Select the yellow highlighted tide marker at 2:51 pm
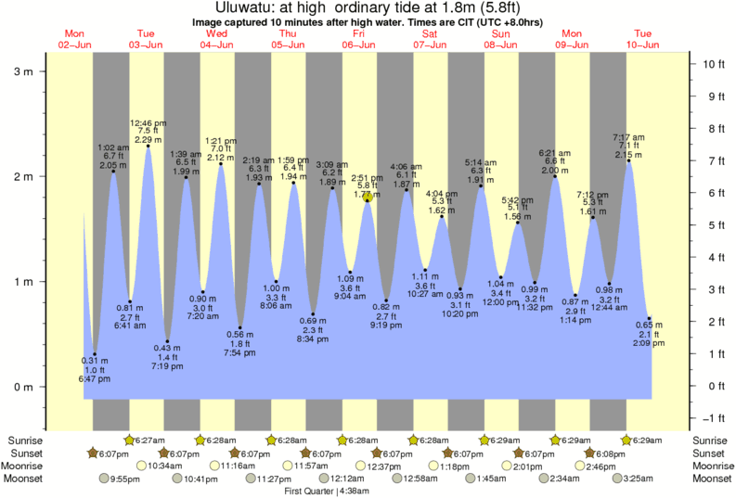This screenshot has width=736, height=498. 368,197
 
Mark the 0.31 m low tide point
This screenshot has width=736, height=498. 94,354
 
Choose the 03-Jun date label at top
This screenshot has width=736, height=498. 146,44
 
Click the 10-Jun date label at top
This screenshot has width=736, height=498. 642,44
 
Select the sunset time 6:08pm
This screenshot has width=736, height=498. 609,453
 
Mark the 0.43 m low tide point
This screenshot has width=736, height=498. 167,341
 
